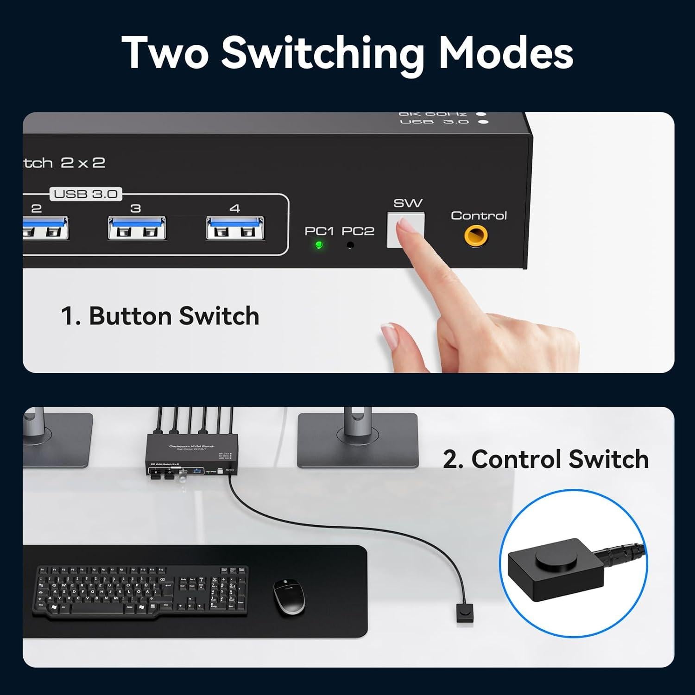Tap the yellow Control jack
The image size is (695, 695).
coord(476,236)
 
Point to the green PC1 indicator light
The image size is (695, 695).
coord(319,245)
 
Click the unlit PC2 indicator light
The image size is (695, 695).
coord(350,245)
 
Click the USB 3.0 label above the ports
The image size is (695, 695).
coord(86,194)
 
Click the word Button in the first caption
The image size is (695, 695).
coord(130,316)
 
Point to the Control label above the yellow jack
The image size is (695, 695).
coord(479,215)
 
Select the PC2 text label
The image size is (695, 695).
coord(358,231)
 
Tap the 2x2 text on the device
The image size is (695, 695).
coord(83,163)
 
